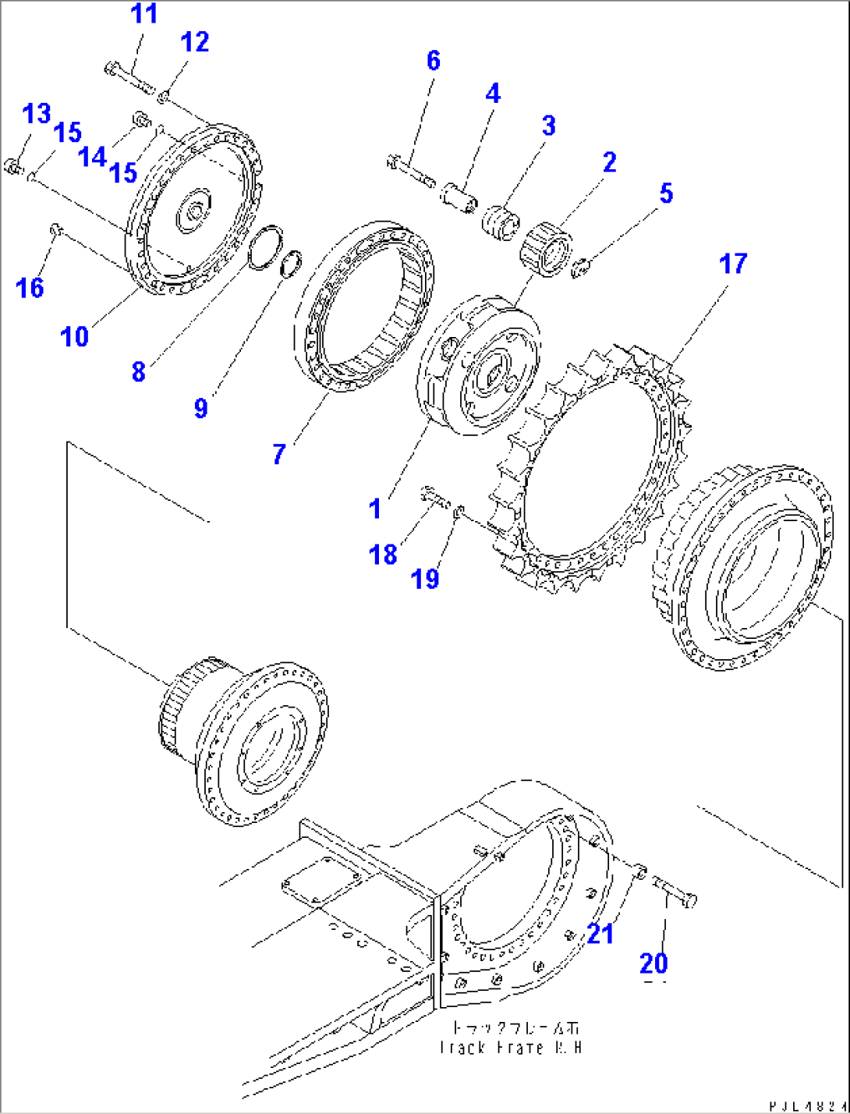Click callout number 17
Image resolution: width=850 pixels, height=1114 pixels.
[x=732, y=264]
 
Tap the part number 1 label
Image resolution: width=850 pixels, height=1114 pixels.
[x=375, y=509]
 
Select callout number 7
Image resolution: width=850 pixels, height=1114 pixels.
[x=279, y=453]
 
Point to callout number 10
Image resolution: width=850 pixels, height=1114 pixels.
[x=75, y=336]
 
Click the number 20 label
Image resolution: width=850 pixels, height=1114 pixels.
[x=653, y=963]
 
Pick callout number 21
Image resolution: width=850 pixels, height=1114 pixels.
[x=600, y=933]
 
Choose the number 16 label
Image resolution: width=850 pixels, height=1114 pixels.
[x=30, y=288]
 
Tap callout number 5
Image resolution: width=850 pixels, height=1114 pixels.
[x=665, y=193]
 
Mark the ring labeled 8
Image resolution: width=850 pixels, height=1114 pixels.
[x=263, y=248]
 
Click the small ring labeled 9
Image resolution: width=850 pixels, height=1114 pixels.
[x=290, y=263]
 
